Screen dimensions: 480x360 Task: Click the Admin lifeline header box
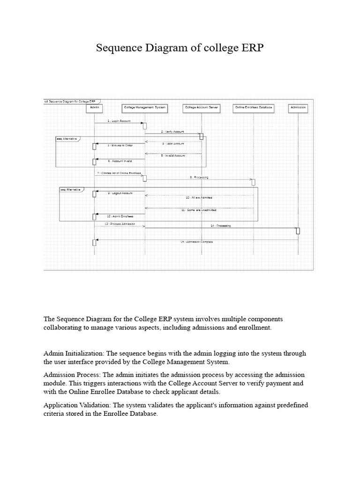click(x=94, y=107)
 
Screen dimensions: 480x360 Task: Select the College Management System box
click(x=145, y=107)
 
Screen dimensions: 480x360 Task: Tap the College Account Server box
click(x=202, y=107)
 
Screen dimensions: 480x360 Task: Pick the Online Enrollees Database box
click(x=254, y=107)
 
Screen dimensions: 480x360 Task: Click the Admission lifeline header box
click(x=298, y=107)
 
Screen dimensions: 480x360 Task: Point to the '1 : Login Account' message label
click(x=119, y=121)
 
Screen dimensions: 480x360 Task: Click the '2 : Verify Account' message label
click(x=172, y=132)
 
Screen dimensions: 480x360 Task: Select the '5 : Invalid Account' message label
click(x=173, y=155)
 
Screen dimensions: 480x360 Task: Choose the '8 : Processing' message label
click(x=199, y=177)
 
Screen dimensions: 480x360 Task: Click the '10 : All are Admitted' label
click(x=199, y=197)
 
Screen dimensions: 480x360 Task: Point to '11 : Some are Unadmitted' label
click(x=199, y=210)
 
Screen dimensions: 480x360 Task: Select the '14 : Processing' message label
click(x=220, y=225)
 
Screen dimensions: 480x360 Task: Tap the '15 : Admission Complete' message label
click(x=196, y=241)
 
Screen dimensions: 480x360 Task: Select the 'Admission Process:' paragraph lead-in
click(x=72, y=375)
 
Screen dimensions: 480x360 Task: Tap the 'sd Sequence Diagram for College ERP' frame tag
click(x=70, y=101)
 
